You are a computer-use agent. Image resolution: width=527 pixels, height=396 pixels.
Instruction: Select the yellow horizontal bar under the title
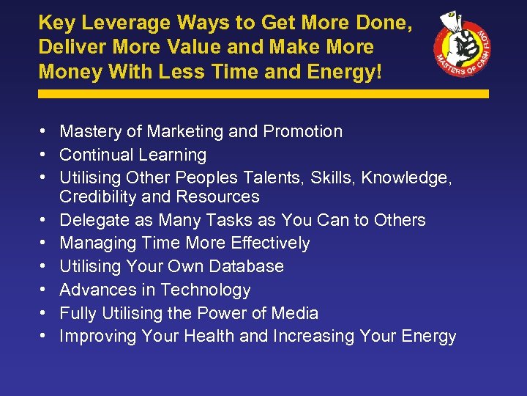(x=263, y=94)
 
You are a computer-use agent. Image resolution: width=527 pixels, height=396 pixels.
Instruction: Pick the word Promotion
(x=303, y=132)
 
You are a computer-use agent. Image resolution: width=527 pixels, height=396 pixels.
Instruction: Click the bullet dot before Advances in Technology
(x=45, y=290)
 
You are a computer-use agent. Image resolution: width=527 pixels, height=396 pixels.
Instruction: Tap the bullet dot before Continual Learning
(x=45, y=155)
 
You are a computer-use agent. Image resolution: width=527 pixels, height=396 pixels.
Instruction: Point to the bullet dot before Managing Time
(x=45, y=243)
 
